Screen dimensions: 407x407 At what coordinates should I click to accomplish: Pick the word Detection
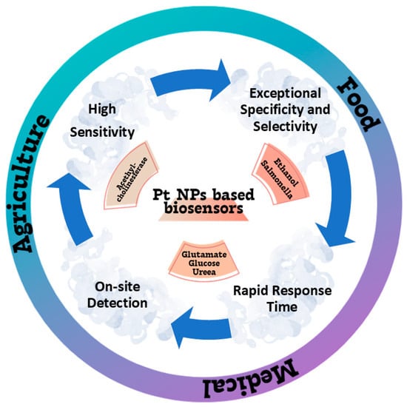click(120, 303)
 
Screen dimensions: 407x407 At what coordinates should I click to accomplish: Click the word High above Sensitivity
click(104, 108)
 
